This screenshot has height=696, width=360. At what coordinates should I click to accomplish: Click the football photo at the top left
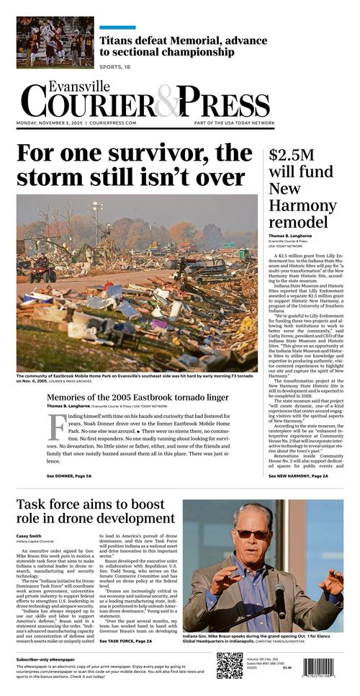coord(55,42)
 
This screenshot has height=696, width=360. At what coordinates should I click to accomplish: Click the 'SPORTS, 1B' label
coord(115,67)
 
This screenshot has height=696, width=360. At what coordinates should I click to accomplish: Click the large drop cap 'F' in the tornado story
coord(56,427)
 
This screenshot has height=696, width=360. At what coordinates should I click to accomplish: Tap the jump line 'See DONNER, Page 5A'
coord(69,476)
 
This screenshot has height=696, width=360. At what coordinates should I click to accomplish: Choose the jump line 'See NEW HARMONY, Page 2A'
coord(298,476)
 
